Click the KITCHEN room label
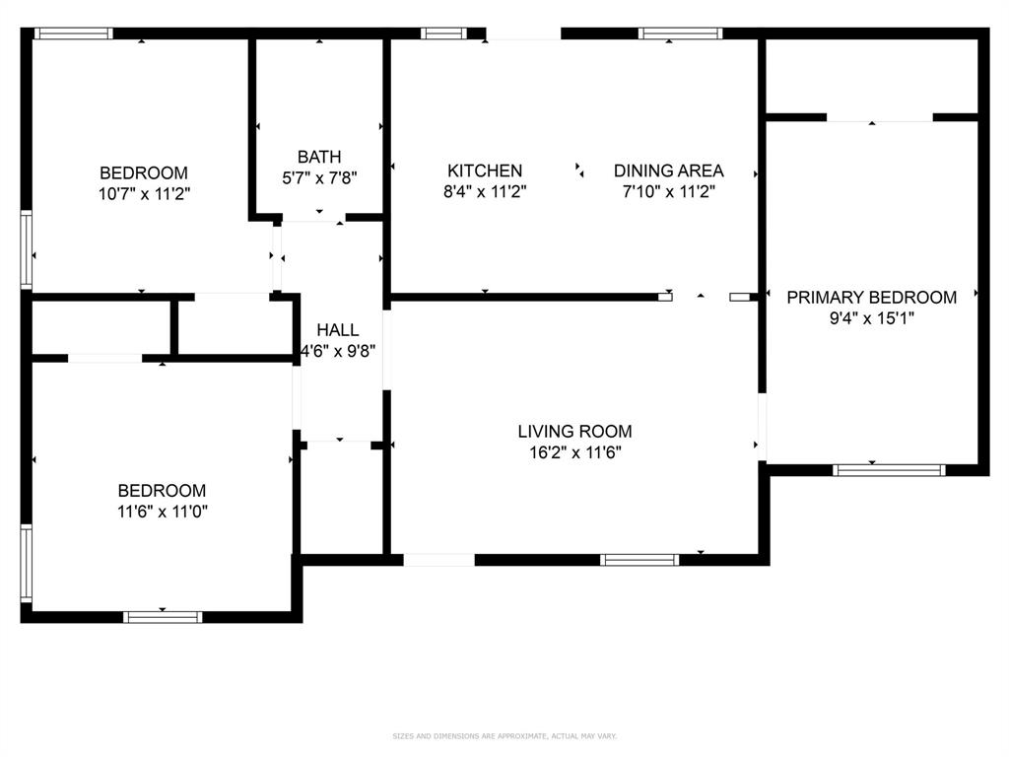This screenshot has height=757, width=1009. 485,171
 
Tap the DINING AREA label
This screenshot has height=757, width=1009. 668,171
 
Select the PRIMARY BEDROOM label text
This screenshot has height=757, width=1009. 871,297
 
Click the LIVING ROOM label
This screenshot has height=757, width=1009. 574,431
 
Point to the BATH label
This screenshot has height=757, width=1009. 319,157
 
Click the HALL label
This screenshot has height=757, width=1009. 338,330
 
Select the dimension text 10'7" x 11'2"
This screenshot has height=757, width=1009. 143,194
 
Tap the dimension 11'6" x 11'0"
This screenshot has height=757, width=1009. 162,512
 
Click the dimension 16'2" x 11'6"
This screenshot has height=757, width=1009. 574,452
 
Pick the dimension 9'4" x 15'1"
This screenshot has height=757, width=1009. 871,318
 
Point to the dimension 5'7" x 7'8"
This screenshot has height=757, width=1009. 319,178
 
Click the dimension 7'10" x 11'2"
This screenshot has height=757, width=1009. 668,192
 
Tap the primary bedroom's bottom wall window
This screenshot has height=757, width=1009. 890,470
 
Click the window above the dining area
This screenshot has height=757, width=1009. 680,34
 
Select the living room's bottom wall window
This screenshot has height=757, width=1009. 639,560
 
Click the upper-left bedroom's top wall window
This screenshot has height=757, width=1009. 74,34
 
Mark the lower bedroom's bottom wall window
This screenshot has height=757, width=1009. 163,617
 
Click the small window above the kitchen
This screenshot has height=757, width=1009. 443,34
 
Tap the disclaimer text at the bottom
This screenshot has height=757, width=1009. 504,736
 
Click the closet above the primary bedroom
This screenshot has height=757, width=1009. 871,77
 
